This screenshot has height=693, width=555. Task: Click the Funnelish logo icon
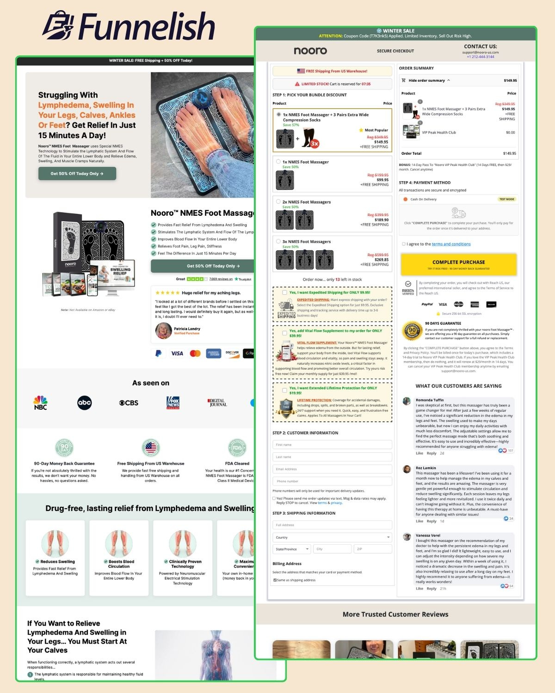click(x=58, y=26)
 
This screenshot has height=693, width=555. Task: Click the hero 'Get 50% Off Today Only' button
click(x=77, y=174)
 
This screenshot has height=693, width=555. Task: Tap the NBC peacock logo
click(x=41, y=402)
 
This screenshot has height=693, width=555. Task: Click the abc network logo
click(x=85, y=402)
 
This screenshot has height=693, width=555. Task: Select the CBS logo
click(x=129, y=403)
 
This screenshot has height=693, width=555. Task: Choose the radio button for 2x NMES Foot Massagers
click(x=278, y=202)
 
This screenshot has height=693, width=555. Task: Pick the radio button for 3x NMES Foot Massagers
click(x=278, y=242)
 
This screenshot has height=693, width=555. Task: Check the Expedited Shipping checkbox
click(x=284, y=292)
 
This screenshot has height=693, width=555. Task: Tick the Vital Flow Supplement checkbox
click(x=284, y=333)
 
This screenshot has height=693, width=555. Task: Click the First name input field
click(x=332, y=444)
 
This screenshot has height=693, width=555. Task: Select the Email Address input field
click(x=332, y=469)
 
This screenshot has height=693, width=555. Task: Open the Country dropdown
click(x=332, y=537)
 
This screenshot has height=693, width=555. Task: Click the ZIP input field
click(x=373, y=549)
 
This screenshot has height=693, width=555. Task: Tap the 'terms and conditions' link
click(x=451, y=244)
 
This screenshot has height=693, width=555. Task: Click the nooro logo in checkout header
click(x=310, y=51)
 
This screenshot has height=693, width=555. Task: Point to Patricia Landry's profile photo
click(x=163, y=330)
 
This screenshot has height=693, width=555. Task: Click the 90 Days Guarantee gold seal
click(x=412, y=331)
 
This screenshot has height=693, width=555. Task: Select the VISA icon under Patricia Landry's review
click(x=177, y=353)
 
